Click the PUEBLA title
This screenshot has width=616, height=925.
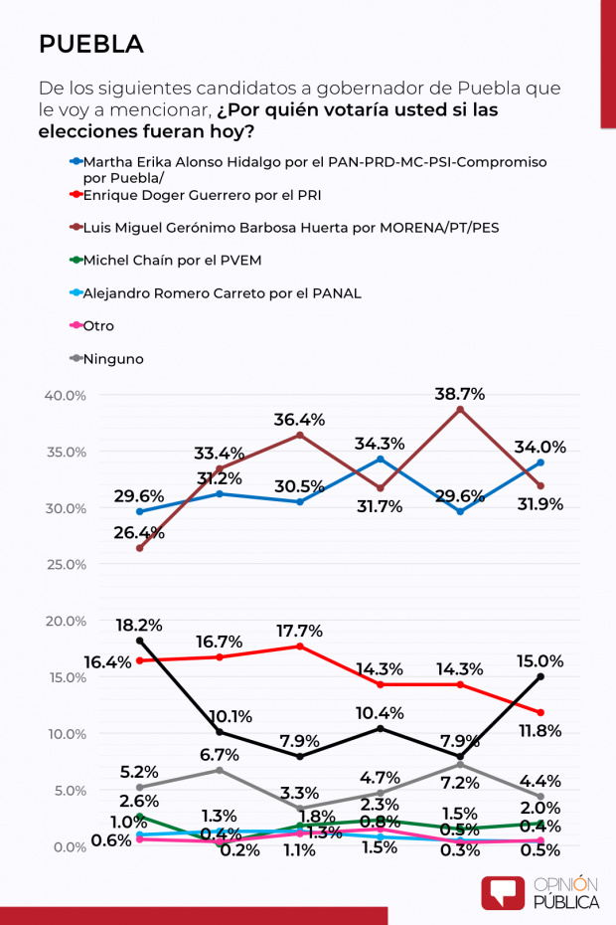point(90,45)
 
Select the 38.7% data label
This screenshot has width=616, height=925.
point(459,394)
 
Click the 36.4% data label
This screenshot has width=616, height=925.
point(299,420)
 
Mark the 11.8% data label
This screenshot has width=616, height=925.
point(539,731)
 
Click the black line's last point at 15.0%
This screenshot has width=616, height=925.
point(539,676)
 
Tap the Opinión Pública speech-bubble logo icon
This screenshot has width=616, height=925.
point(503,892)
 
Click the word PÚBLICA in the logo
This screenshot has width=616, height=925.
point(566,902)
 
